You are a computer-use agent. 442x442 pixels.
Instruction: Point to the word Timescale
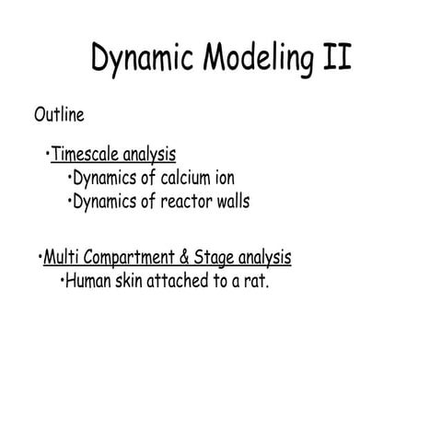87,154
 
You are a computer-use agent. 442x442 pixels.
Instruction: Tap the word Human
87,280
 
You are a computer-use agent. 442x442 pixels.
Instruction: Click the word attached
180,280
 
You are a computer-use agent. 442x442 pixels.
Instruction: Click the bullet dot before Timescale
47,153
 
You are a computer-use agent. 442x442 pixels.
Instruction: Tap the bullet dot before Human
61,279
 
